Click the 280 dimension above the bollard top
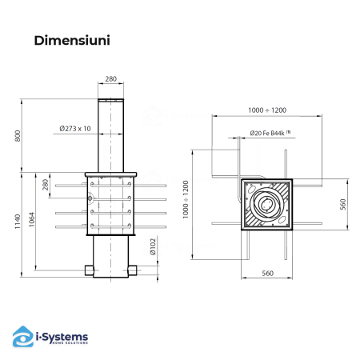click(110, 79)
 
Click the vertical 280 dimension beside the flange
click(46, 186)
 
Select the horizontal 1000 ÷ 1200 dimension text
click(266, 110)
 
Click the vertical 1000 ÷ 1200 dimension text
click(186, 200)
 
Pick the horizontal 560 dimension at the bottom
click(267, 274)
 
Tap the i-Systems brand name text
click(62, 334)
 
